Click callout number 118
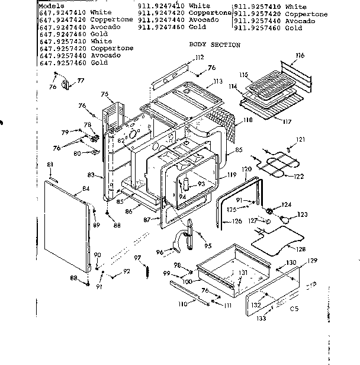247,120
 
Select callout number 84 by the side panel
86,188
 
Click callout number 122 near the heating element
299,176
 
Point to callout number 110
184,303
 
